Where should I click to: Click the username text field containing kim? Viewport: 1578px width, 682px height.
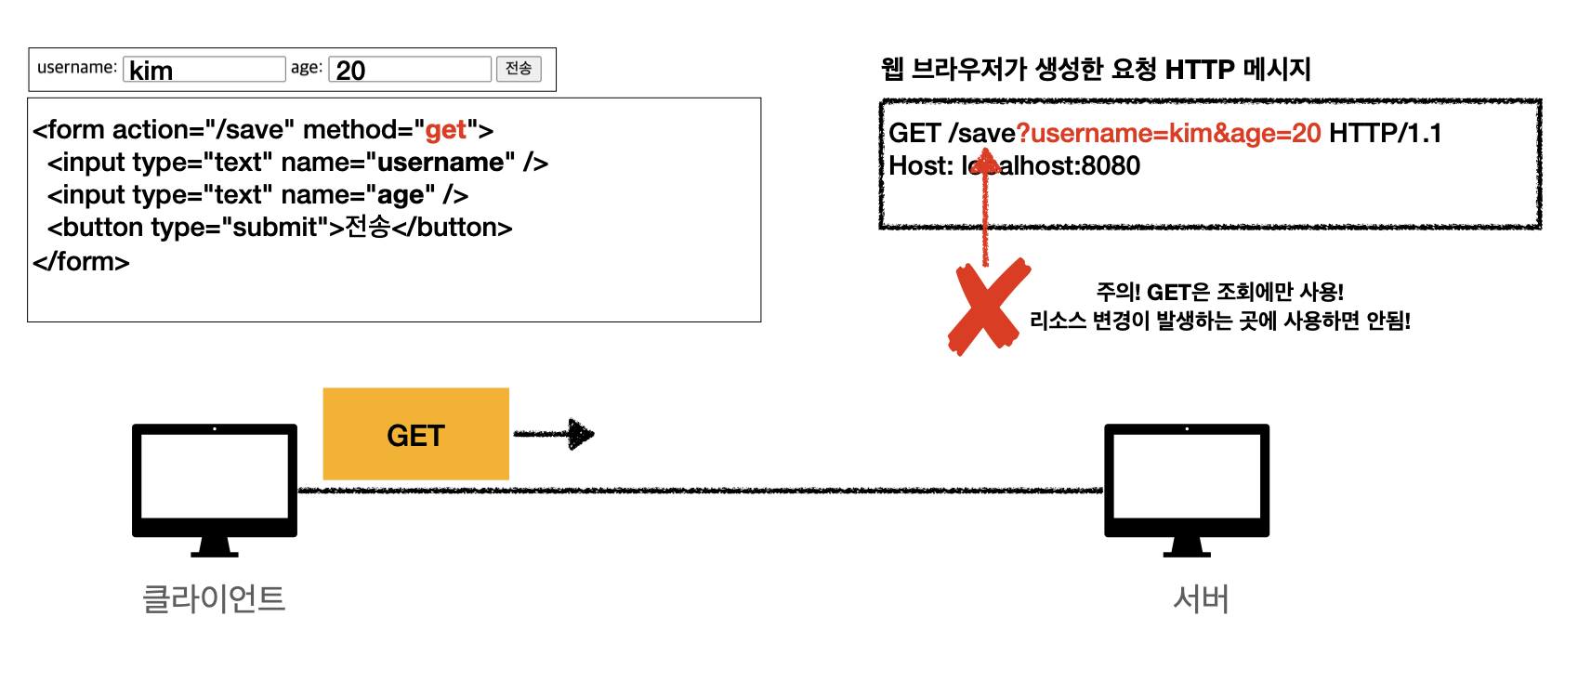(x=204, y=70)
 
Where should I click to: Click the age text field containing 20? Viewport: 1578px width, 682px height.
(x=409, y=70)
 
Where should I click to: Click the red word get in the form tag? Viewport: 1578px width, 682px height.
(x=445, y=130)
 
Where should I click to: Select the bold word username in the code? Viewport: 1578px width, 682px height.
(x=441, y=163)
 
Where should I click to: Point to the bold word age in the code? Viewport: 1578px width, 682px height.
(x=401, y=195)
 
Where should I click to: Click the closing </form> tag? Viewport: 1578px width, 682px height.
(x=81, y=262)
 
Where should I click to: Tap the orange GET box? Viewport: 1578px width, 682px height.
(x=415, y=434)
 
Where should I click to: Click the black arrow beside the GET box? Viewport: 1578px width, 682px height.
(x=555, y=434)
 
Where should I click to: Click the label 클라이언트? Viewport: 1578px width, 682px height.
(x=214, y=598)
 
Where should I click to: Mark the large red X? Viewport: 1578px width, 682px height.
(x=988, y=307)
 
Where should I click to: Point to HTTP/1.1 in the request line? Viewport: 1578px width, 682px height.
(x=1385, y=134)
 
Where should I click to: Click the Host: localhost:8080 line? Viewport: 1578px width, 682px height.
(x=1014, y=166)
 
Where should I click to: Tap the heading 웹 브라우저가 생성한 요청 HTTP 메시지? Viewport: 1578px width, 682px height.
(x=1096, y=69)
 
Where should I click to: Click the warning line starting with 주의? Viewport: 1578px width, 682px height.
(x=1219, y=293)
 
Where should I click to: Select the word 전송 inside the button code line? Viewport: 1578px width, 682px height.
(x=367, y=228)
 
